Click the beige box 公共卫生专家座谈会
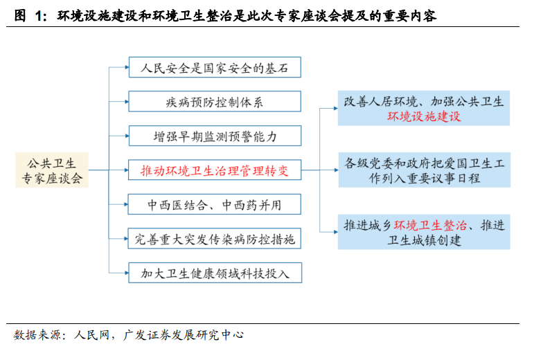point(52,170)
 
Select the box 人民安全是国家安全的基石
point(215,67)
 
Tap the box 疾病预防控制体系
point(215,101)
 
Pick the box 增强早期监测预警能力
point(215,136)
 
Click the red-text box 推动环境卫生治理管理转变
point(215,170)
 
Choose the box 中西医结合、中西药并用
point(215,204)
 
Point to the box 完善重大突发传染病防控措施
point(215,238)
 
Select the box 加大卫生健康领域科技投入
point(215,273)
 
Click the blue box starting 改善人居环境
point(424,108)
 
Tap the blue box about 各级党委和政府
point(424,170)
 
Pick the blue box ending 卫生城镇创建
point(424,232)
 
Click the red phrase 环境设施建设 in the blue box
point(424,116)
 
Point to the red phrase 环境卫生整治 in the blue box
point(431,226)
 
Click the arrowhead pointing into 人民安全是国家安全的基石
point(127,67)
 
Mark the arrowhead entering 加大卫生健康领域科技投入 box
point(127,273)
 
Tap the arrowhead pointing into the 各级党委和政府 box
point(337,170)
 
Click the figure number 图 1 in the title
point(30,15)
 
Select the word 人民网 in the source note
point(91,335)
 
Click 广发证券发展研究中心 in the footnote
point(183,335)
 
